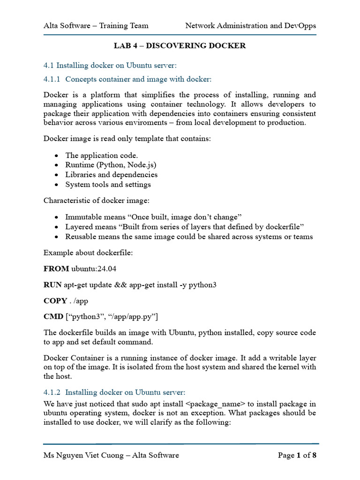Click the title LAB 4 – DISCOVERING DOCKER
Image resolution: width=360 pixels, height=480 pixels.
(180, 46)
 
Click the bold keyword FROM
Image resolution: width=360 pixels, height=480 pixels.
(56, 269)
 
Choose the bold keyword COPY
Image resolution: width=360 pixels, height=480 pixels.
(55, 300)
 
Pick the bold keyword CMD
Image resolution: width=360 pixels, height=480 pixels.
(53, 316)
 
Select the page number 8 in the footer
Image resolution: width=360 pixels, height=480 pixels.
(315, 455)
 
